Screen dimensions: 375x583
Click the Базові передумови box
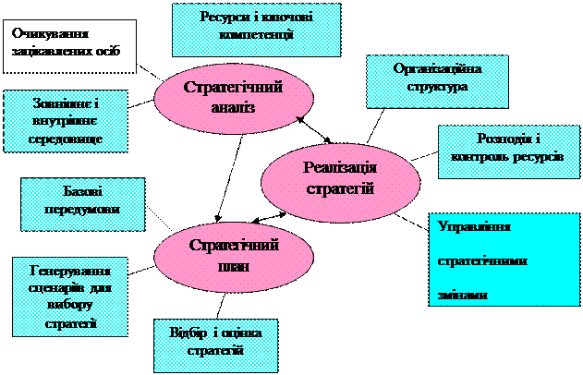pos(83,204)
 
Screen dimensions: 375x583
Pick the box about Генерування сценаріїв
pos(70,297)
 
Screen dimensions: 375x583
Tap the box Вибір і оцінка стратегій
pos(216,344)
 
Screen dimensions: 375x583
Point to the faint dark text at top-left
pos(65,42)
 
